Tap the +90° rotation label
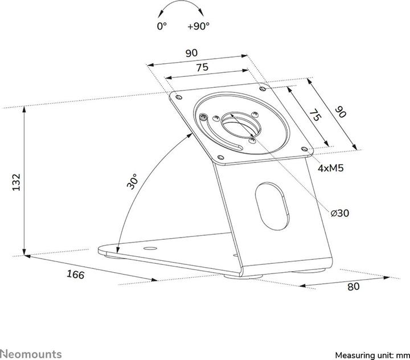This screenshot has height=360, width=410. pyautogui.click(x=198, y=26)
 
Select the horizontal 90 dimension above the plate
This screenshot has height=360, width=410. pyautogui.click(x=191, y=52)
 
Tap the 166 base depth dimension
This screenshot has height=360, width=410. pyautogui.click(x=75, y=275)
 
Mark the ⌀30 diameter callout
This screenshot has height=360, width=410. pyautogui.click(x=339, y=212)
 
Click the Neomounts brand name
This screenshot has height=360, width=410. pyautogui.click(x=31, y=339)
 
